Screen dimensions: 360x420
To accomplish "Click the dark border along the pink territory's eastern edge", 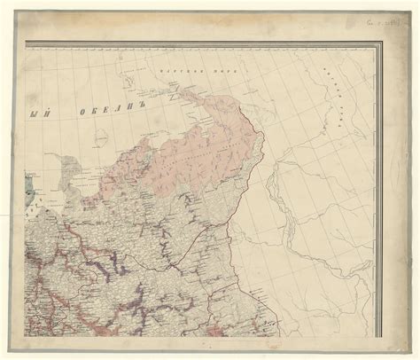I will coord(260,142).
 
